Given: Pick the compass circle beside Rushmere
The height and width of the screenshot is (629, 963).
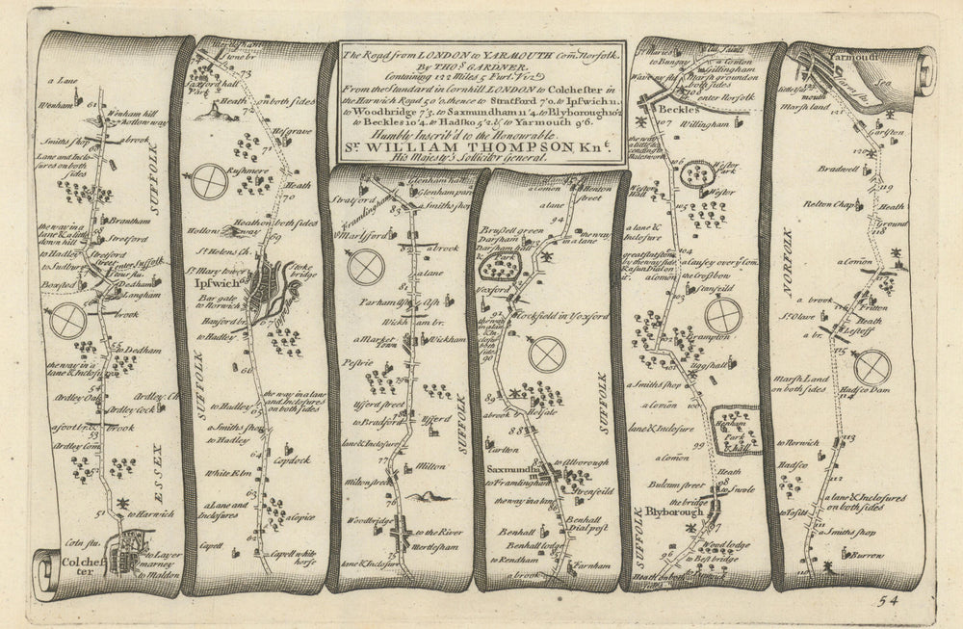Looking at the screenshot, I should [x=210, y=183].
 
